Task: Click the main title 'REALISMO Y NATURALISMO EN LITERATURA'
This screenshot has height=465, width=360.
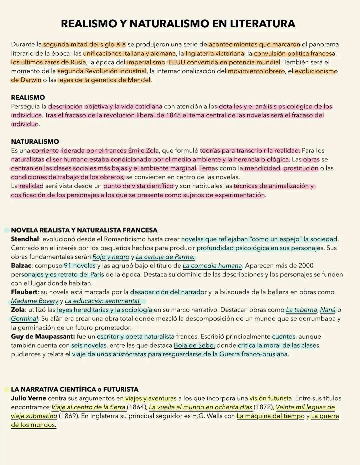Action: coord(178,24)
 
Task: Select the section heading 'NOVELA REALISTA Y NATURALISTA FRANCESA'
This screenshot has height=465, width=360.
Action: coord(84,230)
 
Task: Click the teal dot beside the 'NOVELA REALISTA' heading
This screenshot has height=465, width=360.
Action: coord(7,230)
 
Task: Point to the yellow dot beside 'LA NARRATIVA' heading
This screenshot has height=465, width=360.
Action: coord(7,389)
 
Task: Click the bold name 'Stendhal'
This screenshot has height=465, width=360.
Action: coord(25,239)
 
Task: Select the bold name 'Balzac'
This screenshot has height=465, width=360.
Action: coord(21,266)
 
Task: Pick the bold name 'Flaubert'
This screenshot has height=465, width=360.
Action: coord(24,292)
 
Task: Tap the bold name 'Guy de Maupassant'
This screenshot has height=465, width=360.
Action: coord(42,336)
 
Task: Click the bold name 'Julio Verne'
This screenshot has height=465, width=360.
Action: coord(28,398)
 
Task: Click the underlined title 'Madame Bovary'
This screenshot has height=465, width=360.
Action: coord(35,301)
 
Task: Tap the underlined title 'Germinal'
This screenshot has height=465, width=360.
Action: coord(24,319)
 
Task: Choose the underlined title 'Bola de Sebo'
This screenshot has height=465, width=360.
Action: coord(194,345)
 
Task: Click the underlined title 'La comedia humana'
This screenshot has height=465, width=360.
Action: coord(212,266)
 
